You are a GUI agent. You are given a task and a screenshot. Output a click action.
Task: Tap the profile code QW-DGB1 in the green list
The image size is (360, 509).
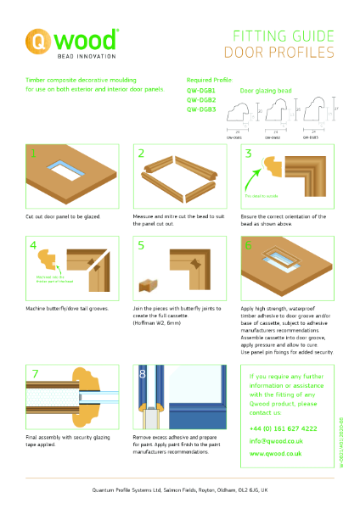tap(201, 90)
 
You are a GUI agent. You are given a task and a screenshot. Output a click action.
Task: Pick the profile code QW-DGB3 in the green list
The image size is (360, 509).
tap(201, 109)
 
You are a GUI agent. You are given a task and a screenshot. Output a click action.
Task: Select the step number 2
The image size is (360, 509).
tap(143, 155)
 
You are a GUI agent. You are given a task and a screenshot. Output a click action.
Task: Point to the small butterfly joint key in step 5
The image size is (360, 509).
tap(149, 282)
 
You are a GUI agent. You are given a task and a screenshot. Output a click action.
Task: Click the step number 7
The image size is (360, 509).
tap(34, 373)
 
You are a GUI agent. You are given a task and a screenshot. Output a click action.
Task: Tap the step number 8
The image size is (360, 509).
tap(143, 374)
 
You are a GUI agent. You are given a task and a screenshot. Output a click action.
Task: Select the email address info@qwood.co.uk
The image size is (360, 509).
tap(277, 441)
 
